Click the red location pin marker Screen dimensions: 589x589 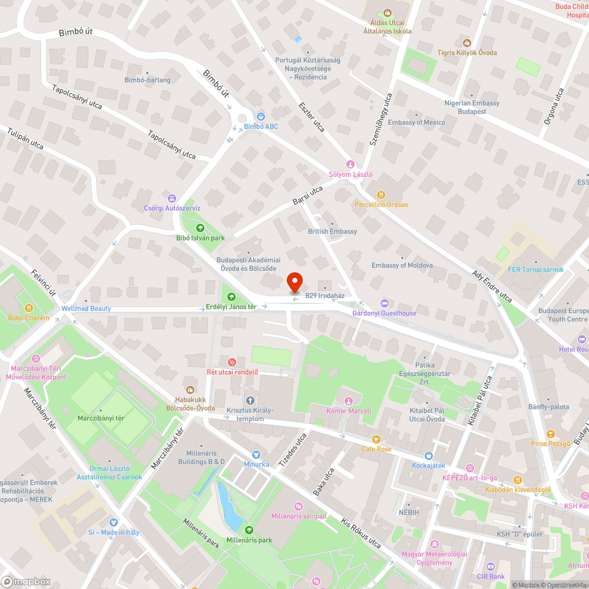pos(294,282)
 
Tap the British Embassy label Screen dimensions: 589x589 pos(332,231)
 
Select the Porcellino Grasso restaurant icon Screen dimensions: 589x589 pos(381,195)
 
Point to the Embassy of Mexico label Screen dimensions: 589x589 pos(416,123)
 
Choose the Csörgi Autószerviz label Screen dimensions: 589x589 pos(172,208)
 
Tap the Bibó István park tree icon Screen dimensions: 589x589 pos(200,228)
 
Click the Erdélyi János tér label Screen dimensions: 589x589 pos(231,307)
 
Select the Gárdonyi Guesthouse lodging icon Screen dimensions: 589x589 pos(385,303)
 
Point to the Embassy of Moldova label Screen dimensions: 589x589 pos(402,265)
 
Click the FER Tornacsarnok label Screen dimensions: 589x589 pos(535,270)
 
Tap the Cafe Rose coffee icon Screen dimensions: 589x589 pos(376,439)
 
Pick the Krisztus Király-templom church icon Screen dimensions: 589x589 pos(250,401)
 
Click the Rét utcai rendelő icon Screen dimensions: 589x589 pos(232,361)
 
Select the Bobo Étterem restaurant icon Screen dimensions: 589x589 pos(28,308)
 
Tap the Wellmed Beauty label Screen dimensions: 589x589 pos(86,309)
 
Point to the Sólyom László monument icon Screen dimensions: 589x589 pos(350,165)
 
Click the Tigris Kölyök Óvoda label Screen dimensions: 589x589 pos(466,52)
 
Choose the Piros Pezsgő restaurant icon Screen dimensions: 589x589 pos(550,434)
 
